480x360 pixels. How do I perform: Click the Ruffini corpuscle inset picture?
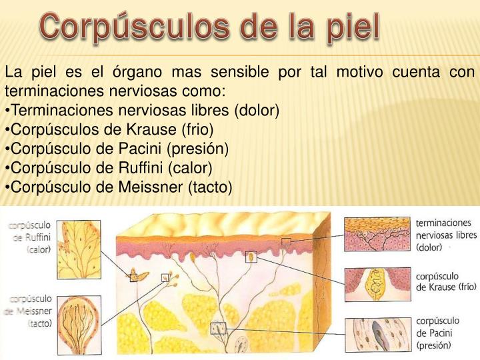[79, 247]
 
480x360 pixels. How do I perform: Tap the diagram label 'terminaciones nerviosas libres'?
[446, 235]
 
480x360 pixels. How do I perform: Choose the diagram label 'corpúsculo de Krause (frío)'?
[445, 281]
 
